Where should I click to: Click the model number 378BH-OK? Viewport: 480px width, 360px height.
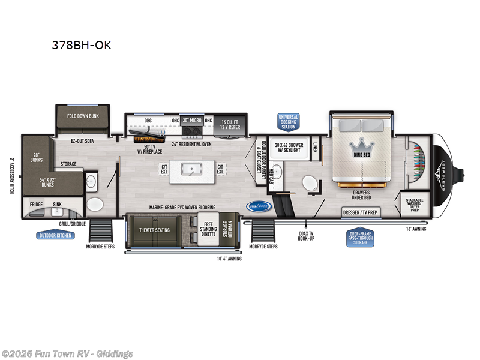(81, 45)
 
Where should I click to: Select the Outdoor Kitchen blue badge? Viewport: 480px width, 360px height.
(56, 235)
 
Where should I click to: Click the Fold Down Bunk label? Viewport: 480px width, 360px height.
(83, 115)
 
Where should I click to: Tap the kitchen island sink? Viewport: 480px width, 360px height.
(193, 170)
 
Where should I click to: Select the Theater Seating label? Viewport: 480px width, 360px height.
(155, 230)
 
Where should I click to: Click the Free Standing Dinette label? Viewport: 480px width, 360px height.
(208, 230)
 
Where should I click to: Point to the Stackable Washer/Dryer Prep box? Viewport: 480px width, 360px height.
(413, 204)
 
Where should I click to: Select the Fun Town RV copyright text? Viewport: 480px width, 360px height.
(67, 354)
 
